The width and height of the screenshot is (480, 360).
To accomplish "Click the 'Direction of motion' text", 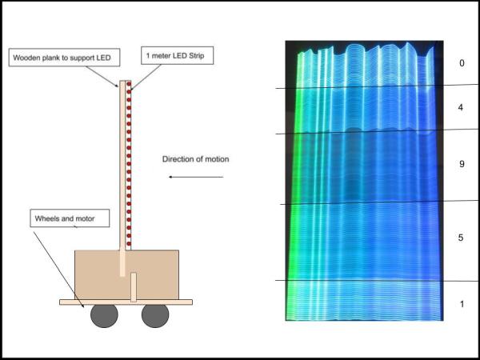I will tap(195, 159).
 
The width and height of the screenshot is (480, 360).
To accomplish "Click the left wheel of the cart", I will tap(103, 316).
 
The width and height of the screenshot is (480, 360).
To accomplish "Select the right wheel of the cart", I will tap(155, 316).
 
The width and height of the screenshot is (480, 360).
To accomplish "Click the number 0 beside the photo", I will tap(462, 63).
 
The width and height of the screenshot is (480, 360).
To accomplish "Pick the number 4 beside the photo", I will tap(462, 107).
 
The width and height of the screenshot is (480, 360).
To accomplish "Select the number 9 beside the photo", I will tap(462, 164).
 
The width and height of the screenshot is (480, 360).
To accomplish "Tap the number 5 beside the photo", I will tap(462, 238).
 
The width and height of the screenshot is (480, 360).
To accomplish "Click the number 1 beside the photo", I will tap(462, 304).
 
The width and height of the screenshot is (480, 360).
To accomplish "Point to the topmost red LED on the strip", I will tap(128, 83).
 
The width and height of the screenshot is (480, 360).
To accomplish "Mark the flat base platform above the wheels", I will tap(126, 302).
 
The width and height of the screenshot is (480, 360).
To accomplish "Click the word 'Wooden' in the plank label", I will tap(27, 58).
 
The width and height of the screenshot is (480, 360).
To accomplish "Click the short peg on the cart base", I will tap(134, 286).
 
